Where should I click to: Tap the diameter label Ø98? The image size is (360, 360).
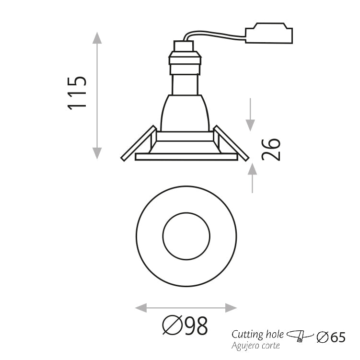[x=185, y=326]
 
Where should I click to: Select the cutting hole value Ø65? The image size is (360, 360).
[x=331, y=337]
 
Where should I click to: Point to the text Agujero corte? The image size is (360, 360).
[x=256, y=345]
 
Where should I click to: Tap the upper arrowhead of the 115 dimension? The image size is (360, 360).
[x=97, y=38]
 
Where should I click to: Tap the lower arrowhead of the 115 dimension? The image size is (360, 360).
[x=97, y=153]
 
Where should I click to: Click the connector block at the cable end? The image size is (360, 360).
[x=268, y=34]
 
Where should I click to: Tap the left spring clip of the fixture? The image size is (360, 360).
[x=139, y=144]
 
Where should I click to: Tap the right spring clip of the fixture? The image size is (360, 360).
[x=231, y=143]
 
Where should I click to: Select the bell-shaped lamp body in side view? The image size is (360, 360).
[x=185, y=113]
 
